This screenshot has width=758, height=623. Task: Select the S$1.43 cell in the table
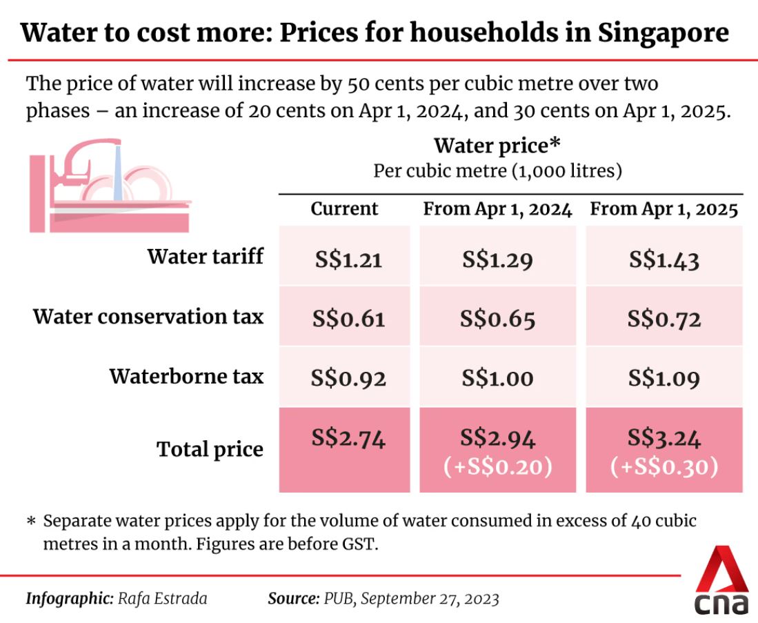click(664, 261)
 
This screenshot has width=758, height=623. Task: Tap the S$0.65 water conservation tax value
click(497, 320)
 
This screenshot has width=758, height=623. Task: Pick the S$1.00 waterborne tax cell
click(497, 379)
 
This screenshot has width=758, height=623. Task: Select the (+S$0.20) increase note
click(497, 467)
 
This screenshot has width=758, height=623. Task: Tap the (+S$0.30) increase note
click(664, 467)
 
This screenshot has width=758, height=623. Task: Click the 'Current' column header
click(344, 209)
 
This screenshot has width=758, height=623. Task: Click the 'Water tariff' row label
click(205, 257)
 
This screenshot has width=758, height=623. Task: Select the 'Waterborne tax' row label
click(186, 377)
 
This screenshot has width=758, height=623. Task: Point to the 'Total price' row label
click(210, 449)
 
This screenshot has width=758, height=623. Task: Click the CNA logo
click(721, 580)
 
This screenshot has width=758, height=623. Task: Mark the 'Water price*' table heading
click(497, 146)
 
